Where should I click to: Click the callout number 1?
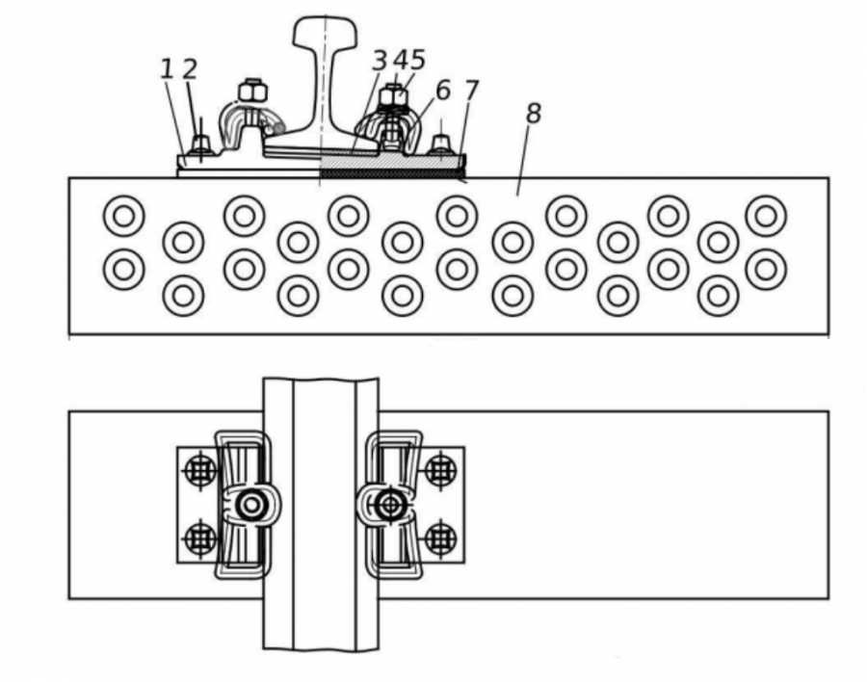point(167,69)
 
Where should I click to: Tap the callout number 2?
point(190,69)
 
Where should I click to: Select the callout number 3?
point(380,61)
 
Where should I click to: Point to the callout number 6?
point(443,91)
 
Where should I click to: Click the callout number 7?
point(471,91)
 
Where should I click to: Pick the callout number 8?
point(533,114)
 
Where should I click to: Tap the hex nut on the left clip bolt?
point(252,92)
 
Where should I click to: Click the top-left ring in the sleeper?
point(124,216)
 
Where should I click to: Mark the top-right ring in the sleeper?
point(766,216)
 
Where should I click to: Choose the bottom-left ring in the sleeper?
point(184,296)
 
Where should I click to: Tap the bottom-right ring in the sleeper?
point(719,296)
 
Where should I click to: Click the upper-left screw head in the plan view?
point(200,471)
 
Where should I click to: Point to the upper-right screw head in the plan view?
point(440,471)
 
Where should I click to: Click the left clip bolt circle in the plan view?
point(251,505)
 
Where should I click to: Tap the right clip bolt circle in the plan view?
point(391,505)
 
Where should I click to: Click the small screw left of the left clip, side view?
point(200,144)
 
